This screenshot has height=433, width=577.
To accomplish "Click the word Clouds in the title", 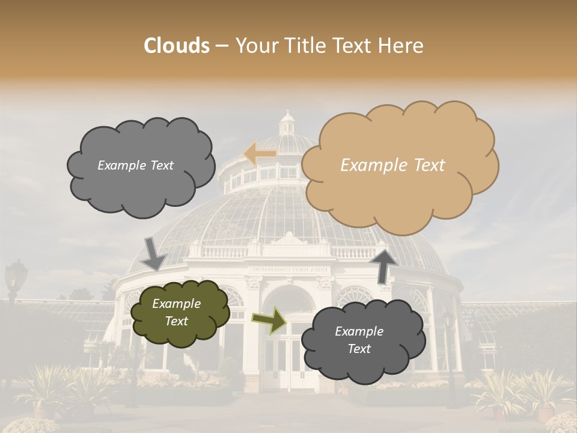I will [x=177, y=46].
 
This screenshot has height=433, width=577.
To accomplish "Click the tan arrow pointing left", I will [x=260, y=154].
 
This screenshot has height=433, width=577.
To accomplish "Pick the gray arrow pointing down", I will [x=154, y=253].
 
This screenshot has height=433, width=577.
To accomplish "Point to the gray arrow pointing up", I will [x=383, y=265].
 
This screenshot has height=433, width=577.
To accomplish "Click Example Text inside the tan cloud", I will [x=392, y=165].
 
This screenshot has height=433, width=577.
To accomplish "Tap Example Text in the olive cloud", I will [x=177, y=313].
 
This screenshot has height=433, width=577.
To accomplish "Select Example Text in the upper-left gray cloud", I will [x=135, y=165].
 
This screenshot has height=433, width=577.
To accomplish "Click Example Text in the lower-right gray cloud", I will [x=359, y=340].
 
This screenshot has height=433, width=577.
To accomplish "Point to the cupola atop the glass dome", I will [x=287, y=123].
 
